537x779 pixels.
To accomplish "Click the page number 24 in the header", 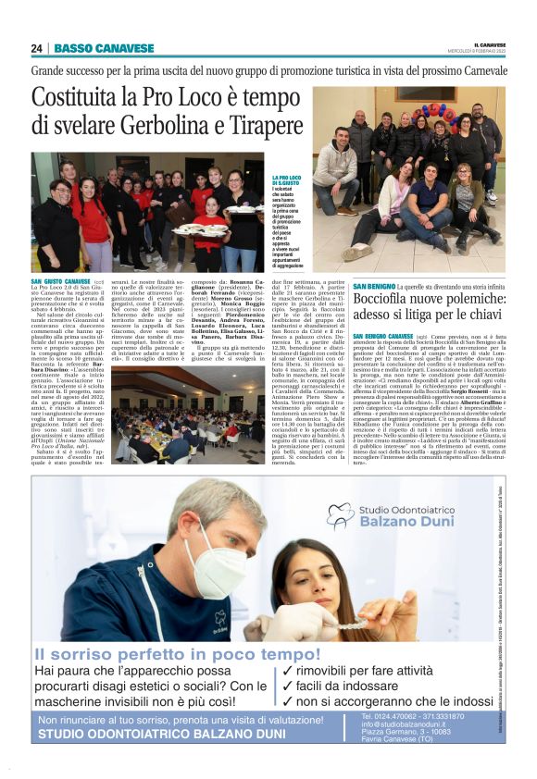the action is pyautogui.click(x=36, y=48).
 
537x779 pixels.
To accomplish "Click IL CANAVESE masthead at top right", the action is pyautogui.click(x=489, y=43).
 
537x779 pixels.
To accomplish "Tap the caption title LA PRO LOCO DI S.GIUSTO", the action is pyautogui.click(x=285, y=180).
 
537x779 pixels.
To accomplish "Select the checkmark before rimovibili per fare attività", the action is pyautogui.click(x=288, y=671).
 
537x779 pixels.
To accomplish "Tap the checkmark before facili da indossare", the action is pyautogui.click(x=288, y=686).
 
